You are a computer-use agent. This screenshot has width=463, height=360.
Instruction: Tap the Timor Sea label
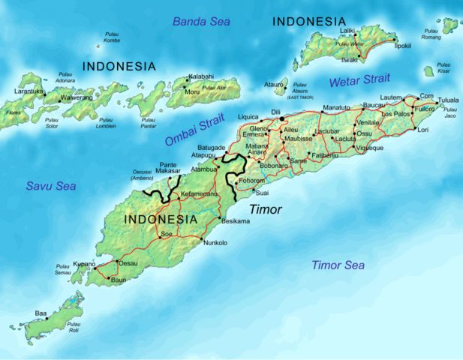click(338, 265)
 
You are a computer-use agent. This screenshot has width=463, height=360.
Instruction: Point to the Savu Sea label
click(51, 185)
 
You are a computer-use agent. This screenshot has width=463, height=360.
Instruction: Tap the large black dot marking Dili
click(282, 118)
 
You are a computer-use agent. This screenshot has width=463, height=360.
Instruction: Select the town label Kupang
click(84, 264)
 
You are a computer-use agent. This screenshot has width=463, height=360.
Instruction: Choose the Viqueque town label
click(370, 148)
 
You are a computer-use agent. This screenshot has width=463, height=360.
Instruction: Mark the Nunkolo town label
click(215, 243)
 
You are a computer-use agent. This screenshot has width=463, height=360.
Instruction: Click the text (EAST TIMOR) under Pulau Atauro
click(299, 97)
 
